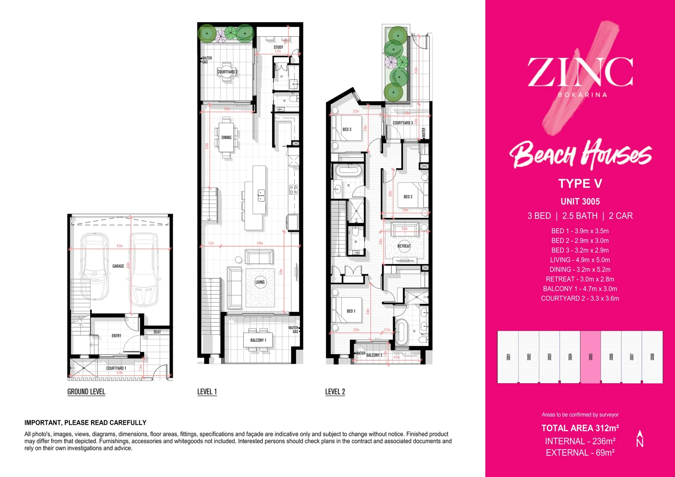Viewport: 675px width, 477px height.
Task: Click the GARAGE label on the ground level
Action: (118, 266)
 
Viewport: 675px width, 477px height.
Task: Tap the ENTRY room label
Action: (116, 336)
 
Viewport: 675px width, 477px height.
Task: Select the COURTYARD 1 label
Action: (116, 368)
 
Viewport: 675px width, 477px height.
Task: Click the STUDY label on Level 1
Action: (278, 47)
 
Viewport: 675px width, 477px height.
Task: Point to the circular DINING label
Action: (226, 137)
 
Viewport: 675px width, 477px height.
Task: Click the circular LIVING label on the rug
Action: (260, 282)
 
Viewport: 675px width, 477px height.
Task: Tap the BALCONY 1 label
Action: (258, 340)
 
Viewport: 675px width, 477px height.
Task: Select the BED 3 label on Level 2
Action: (347, 129)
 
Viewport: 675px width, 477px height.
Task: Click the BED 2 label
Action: (408, 197)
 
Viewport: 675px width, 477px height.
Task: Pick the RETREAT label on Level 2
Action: (404, 246)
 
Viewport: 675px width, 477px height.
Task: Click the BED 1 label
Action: (351, 311)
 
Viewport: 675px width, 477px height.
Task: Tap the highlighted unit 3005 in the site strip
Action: (590, 357)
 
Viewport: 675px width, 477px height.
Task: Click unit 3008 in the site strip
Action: (652, 357)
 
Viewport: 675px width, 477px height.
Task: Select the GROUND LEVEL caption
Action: (86, 392)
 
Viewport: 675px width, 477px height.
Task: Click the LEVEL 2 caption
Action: (335, 392)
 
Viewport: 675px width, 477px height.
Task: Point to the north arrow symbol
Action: (640, 439)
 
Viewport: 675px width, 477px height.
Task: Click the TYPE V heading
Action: (580, 184)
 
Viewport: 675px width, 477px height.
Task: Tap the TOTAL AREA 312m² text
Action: (580, 428)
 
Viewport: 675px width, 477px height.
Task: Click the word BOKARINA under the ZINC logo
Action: (582, 95)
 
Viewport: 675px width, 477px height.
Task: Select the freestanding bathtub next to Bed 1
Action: (402, 332)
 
